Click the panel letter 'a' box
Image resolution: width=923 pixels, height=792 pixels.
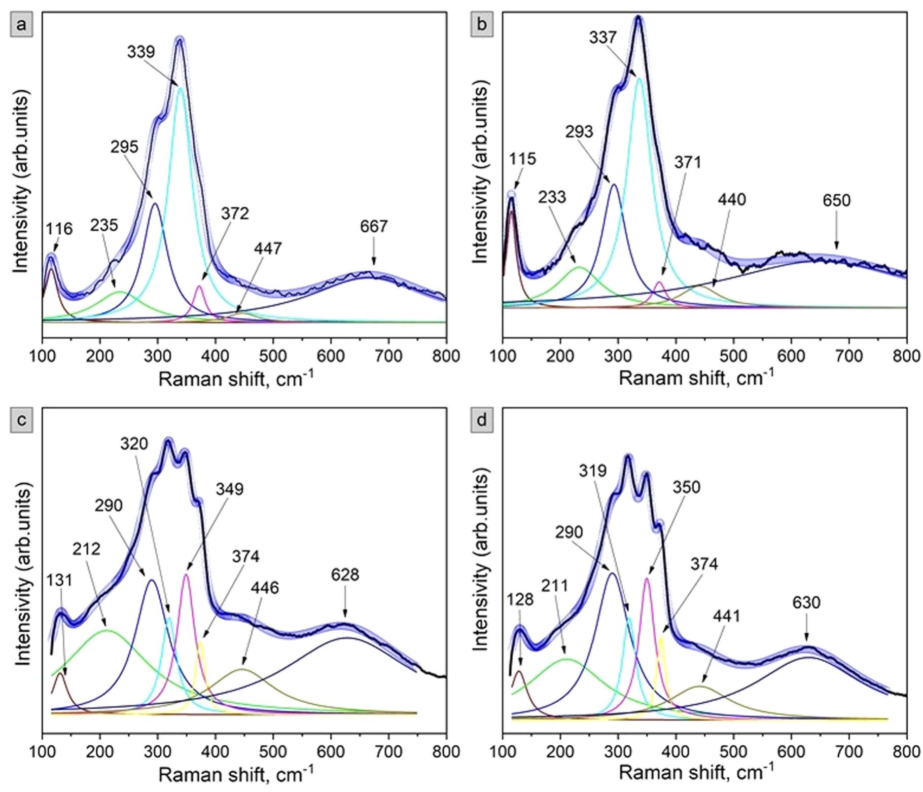(21, 25)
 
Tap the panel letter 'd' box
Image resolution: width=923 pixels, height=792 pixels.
(482, 420)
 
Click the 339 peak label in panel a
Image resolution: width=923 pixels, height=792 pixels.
(141, 52)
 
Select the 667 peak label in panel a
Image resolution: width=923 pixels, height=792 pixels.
(374, 227)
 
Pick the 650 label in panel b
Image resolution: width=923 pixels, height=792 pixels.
(836, 201)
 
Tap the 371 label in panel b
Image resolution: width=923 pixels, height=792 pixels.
(688, 162)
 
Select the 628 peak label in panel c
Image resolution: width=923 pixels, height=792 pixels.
(345, 575)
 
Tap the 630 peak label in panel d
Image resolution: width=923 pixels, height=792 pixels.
(806, 603)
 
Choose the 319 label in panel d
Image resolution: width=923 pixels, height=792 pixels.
(592, 471)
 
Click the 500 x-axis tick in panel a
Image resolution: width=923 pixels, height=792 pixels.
(273, 356)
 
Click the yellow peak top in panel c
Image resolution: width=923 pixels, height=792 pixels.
(201, 642)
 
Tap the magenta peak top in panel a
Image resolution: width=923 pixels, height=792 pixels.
(199, 286)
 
